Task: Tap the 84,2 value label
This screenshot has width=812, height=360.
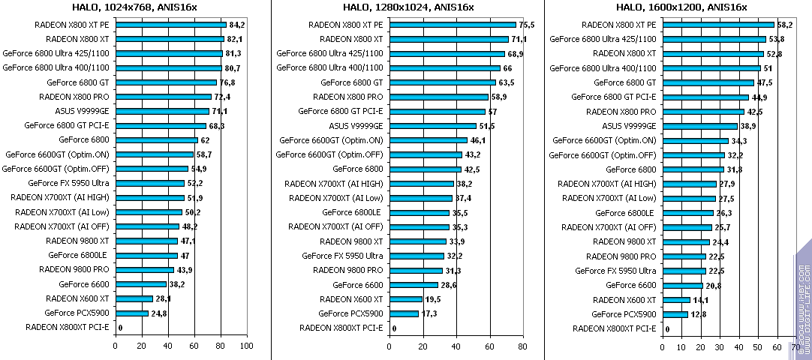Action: click(x=237, y=24)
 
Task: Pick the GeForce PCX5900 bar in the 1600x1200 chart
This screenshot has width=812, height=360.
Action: click(x=675, y=314)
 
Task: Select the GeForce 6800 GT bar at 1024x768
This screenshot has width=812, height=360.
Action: click(x=166, y=82)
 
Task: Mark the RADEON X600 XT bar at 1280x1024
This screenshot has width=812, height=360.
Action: click(x=405, y=299)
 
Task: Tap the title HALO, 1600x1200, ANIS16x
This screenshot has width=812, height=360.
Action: click(x=682, y=7)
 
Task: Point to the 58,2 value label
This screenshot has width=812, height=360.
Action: click(x=785, y=24)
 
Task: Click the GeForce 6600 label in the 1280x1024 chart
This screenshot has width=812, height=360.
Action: click(x=357, y=285)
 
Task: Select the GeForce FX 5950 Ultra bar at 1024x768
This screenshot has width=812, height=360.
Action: click(x=149, y=183)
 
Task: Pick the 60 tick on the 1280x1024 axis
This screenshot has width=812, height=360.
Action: click(x=490, y=346)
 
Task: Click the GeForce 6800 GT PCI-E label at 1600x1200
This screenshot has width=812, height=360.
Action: click(x=613, y=97)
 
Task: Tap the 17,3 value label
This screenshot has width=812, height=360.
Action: click(x=429, y=313)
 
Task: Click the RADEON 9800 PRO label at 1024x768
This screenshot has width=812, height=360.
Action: click(x=74, y=270)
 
